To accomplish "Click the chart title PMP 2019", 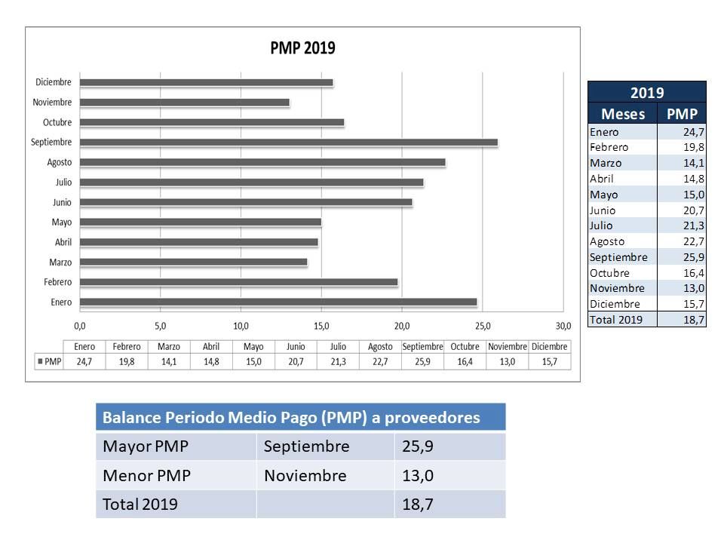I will click(302, 48).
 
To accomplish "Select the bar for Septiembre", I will click(288, 142).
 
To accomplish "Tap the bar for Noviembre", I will click(184, 103).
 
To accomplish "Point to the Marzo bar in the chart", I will click(193, 262).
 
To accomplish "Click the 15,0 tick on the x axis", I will click(321, 326).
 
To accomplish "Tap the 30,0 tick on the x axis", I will click(563, 326).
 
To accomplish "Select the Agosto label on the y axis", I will click(60, 162).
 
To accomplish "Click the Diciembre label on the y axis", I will click(54, 82).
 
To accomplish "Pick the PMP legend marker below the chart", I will click(40, 362).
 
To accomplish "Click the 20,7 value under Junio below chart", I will click(296, 362).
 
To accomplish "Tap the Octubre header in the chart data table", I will click(465, 347).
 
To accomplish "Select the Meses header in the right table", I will click(622, 114).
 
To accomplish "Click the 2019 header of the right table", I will click(646, 93).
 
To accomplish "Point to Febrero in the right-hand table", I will click(609, 147).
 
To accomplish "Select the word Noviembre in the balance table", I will click(305, 476).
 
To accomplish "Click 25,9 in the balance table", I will click(418, 446).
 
